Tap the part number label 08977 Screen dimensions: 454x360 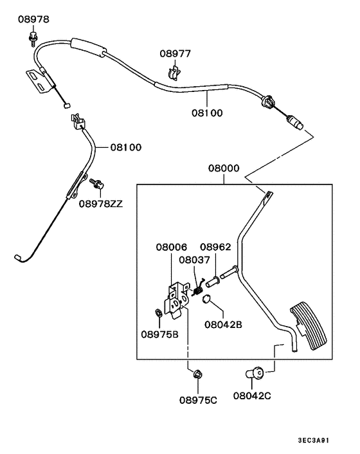pyautogui.click(x=176, y=55)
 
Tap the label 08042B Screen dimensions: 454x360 pyautogui.click(x=224, y=325)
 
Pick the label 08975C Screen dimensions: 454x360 pyautogui.click(x=198, y=400)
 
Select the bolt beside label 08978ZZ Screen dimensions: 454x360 pyautogui.click(x=96, y=184)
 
